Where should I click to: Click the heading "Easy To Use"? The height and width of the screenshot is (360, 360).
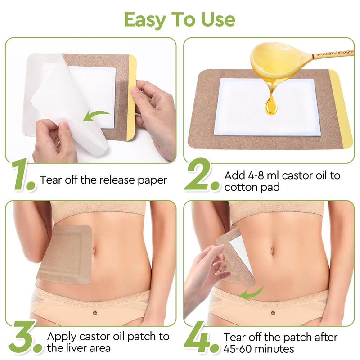180,19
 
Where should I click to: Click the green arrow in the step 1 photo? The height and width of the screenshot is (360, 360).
96,116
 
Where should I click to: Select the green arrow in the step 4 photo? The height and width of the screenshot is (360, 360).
252,293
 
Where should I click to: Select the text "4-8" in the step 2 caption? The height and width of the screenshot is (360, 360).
252,175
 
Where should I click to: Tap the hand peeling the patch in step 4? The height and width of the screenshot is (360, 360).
205,274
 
